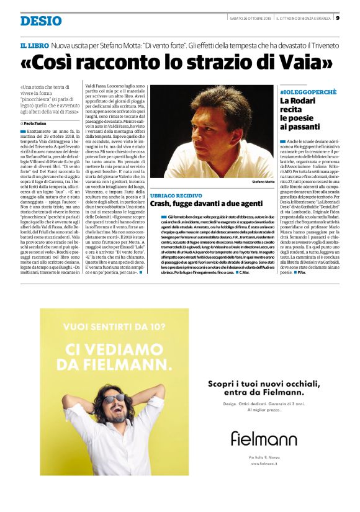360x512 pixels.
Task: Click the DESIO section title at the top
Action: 41,21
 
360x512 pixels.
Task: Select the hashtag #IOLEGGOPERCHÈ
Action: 307,91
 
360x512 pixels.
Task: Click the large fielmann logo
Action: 264,438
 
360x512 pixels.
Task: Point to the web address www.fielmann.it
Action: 264,463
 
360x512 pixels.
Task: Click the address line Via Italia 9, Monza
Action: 264,457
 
